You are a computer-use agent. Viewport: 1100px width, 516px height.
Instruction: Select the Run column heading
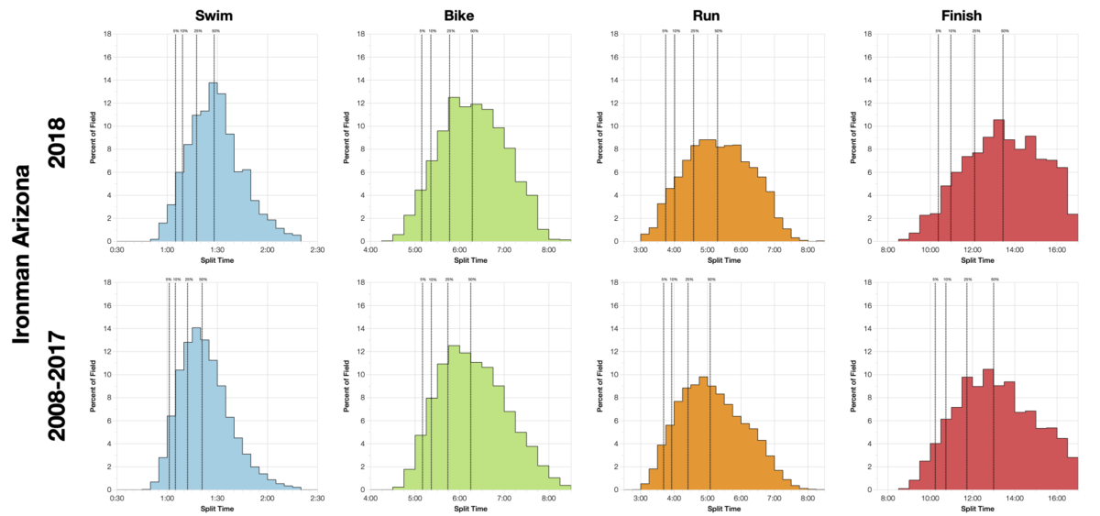pos(720,15)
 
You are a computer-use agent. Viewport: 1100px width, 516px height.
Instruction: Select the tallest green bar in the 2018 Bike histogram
pos(453,170)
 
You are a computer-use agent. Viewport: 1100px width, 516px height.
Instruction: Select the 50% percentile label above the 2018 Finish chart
pos(1005,31)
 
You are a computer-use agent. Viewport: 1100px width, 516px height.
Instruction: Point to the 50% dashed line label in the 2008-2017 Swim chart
pos(202,279)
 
